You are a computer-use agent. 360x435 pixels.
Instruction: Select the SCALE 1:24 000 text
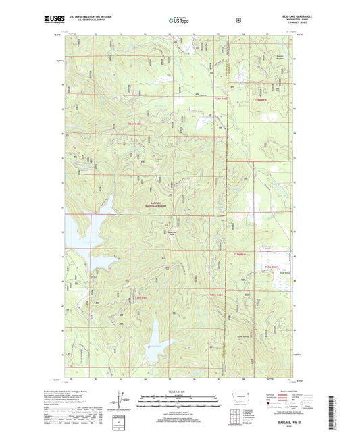(180, 392)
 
